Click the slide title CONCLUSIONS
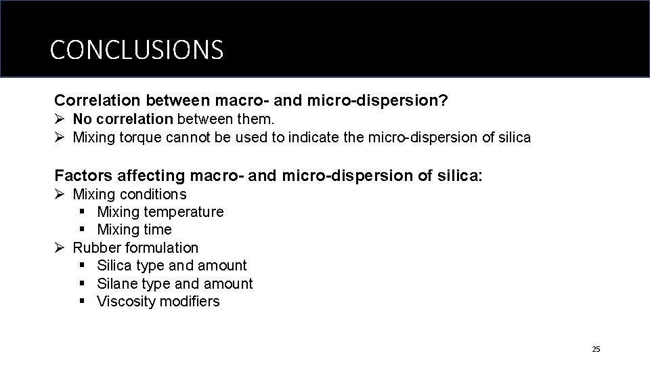pos(136,49)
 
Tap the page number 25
pos(596,349)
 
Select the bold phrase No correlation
pos(123,119)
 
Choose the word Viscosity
pos(127,302)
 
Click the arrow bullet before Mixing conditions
pos(60,195)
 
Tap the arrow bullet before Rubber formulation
pos(60,248)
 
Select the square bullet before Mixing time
pos(83,230)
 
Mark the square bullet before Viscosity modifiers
pos(83,302)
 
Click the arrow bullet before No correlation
pos(60,119)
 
